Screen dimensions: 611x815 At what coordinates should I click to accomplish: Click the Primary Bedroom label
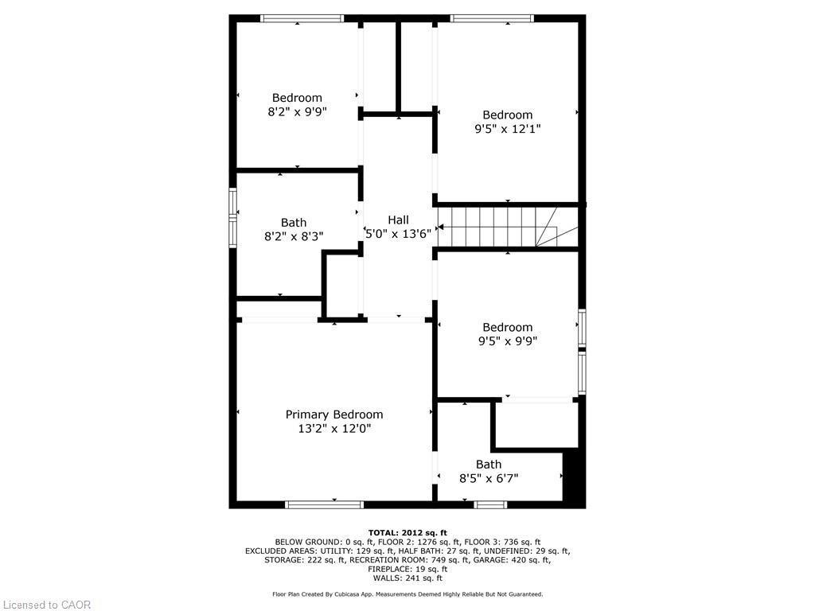pos(334,414)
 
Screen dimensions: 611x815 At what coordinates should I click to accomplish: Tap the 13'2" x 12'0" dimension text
pos(334,429)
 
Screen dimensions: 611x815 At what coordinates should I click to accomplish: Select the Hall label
pos(398,220)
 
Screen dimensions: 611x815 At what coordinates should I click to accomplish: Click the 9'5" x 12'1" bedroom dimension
pos(508,128)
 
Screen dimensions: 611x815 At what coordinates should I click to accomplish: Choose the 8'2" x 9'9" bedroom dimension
pos(297,112)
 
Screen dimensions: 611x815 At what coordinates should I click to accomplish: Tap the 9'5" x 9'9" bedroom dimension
pos(508,341)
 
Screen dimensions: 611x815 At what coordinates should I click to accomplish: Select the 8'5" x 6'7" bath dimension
pos(489,478)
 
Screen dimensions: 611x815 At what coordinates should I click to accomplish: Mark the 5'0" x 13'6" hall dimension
pos(398,234)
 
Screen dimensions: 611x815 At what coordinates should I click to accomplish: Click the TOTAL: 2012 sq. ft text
pos(407,532)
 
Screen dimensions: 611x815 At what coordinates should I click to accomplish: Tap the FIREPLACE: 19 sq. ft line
pos(407,569)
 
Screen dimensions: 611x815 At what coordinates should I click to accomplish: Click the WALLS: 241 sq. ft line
pos(407,578)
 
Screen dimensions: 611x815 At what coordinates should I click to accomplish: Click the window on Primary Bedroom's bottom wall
pos(325,504)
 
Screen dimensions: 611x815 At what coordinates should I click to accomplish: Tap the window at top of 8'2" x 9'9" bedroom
pos(302,18)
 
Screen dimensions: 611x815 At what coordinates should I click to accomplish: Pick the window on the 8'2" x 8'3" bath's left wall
pos(233,217)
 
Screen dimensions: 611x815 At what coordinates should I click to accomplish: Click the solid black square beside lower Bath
pos(573,476)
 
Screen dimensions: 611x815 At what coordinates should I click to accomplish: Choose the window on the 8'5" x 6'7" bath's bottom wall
pos(490,504)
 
